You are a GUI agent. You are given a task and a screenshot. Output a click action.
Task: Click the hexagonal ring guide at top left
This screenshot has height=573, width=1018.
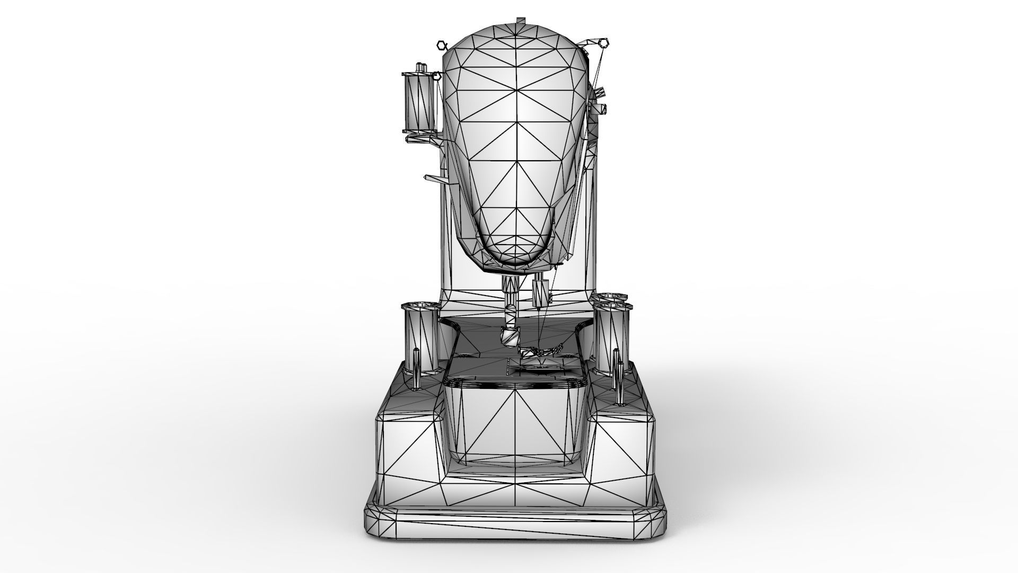pyautogui.click(x=441, y=45)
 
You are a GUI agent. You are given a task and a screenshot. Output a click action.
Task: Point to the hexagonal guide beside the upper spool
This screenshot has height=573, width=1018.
pyautogui.click(x=437, y=76)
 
